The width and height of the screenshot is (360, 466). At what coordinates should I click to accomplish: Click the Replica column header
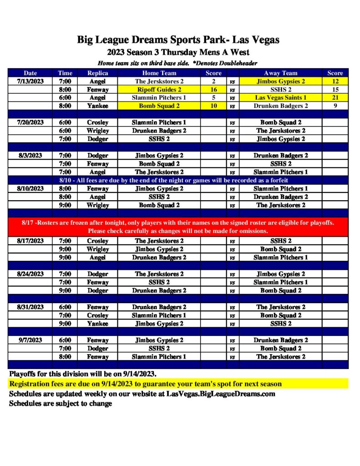(97, 73)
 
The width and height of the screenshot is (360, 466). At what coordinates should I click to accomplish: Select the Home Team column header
(159, 73)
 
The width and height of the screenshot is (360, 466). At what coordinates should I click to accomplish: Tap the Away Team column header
(280, 73)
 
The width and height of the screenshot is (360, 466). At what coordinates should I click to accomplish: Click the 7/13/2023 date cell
(30, 81)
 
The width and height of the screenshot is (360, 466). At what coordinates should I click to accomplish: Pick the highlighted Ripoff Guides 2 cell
(159, 90)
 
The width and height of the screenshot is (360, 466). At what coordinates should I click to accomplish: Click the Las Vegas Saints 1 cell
(280, 98)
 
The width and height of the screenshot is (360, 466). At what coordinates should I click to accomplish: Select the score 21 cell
(335, 98)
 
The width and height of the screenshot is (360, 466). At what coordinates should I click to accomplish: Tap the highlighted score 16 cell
(213, 90)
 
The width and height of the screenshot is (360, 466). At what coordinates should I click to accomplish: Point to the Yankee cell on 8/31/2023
(97, 324)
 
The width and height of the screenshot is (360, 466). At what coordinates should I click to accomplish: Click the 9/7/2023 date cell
(30, 340)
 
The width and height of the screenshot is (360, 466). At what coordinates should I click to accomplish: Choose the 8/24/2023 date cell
(30, 274)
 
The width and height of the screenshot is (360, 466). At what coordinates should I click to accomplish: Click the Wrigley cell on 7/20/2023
(97, 131)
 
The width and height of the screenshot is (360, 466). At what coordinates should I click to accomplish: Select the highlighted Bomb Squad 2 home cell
(159, 106)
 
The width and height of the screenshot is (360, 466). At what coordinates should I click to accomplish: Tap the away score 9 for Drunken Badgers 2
(335, 106)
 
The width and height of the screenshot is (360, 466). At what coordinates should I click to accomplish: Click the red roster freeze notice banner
(178, 227)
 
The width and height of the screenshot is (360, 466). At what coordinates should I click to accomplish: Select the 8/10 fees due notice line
(178, 180)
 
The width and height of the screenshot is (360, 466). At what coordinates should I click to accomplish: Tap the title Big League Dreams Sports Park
(178, 40)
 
